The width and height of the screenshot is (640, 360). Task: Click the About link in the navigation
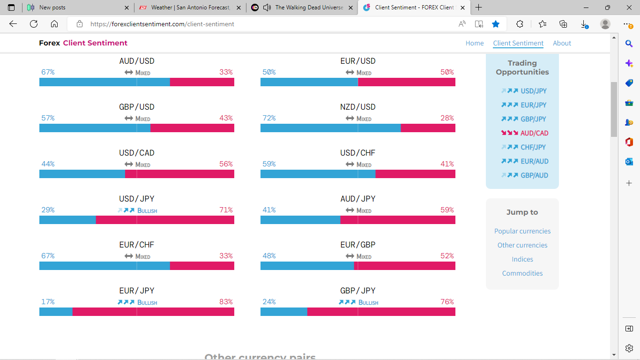[562, 43]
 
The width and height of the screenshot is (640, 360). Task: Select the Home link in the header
[474, 43]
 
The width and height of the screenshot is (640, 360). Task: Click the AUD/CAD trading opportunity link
[534, 133]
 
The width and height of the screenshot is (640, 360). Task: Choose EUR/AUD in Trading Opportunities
[534, 161]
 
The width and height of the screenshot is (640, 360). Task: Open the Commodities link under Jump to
[522, 273]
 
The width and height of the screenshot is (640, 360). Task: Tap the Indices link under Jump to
[522, 259]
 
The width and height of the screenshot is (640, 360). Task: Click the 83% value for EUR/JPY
[226, 302]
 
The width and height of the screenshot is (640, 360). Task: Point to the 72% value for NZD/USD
[269, 118]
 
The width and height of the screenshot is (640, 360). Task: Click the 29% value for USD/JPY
[48, 210]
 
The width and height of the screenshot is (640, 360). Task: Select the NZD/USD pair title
[357, 107]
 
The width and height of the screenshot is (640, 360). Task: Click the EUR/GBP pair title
[357, 245]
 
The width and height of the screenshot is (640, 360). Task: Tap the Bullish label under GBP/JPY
[368, 302]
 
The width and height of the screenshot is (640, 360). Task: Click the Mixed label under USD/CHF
[364, 165]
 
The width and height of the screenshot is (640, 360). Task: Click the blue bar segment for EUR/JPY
[56, 312]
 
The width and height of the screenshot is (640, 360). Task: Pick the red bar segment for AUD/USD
[202, 82]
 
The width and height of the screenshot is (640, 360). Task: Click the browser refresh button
[34, 24]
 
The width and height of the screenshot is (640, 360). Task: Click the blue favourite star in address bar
[496, 24]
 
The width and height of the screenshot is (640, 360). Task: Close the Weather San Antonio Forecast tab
[239, 7]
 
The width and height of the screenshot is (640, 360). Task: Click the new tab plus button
[478, 7]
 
